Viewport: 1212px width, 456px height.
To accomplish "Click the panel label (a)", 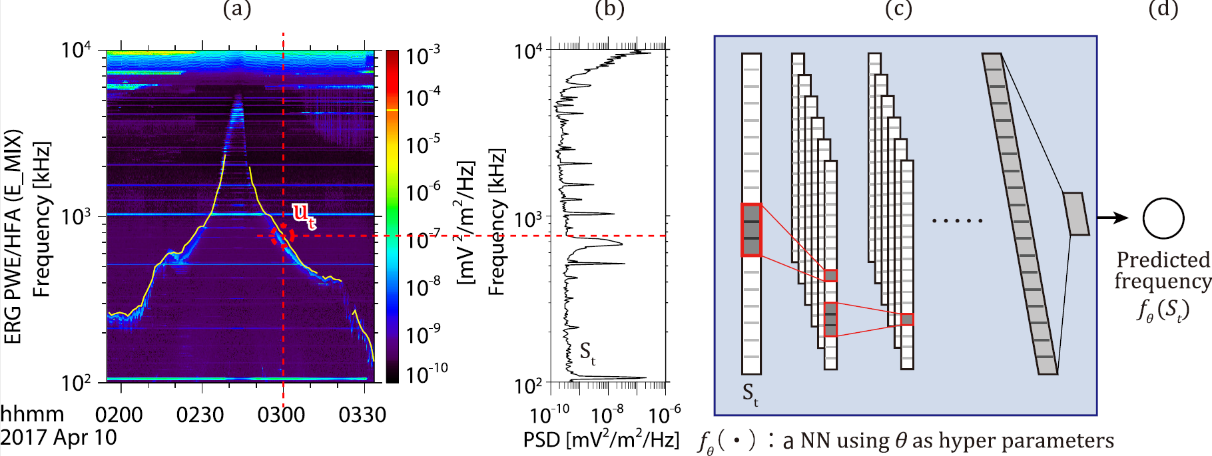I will pos(237,9).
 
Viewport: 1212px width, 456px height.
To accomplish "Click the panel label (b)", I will pos(609,9).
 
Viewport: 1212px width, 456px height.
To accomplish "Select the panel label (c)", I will pos(898,9).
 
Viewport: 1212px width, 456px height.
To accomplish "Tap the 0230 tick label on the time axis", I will pos(200,415).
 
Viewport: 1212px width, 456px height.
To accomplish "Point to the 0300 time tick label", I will pos(281,415).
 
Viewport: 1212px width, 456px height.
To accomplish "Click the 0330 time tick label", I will pos(362,415).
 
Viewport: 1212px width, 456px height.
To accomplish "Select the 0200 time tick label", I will pos(119,415).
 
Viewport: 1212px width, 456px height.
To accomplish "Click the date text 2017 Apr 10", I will pos(59,437).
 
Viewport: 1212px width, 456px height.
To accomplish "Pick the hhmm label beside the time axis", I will pos(32,415).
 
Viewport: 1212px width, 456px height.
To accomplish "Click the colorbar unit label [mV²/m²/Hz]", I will pos(465,223).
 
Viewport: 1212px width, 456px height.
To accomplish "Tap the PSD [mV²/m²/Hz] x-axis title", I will pos(601,439).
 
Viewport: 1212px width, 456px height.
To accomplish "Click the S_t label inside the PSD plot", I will pos(587,353).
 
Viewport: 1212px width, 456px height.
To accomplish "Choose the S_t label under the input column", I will pos(751,393).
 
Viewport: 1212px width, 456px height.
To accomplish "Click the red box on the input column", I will pos(751,230).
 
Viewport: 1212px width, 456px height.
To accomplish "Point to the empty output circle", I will pos(1163,218).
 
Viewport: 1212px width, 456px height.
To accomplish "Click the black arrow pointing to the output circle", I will pos(1112,218).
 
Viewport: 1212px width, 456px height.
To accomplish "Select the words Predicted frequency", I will pos(1163,270).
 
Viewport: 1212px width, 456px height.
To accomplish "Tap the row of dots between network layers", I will pos(957,220).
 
